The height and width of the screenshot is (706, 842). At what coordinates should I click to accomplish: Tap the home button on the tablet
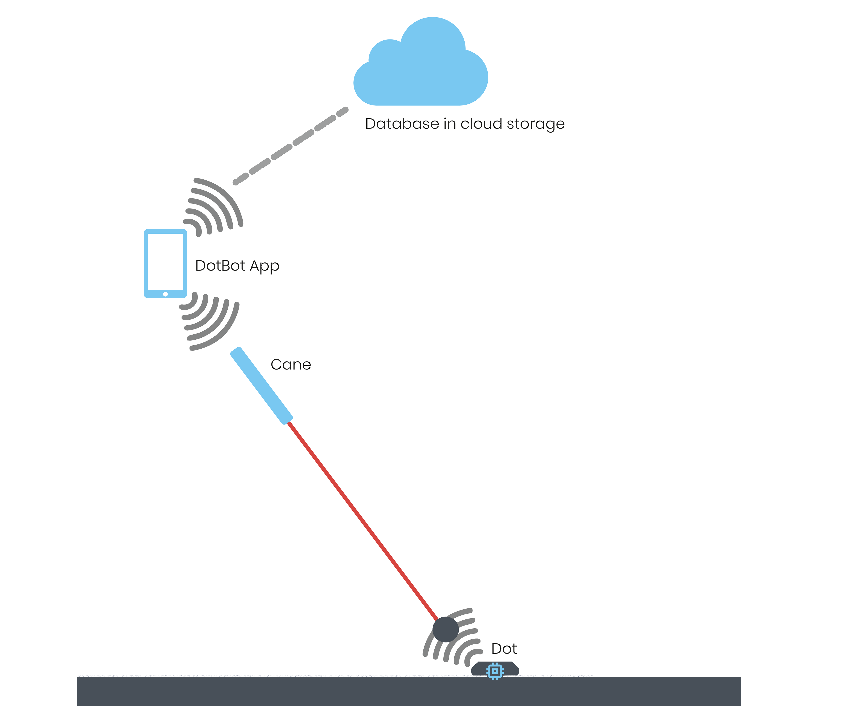click(165, 294)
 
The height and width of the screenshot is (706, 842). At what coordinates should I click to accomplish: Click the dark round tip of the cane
click(446, 629)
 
